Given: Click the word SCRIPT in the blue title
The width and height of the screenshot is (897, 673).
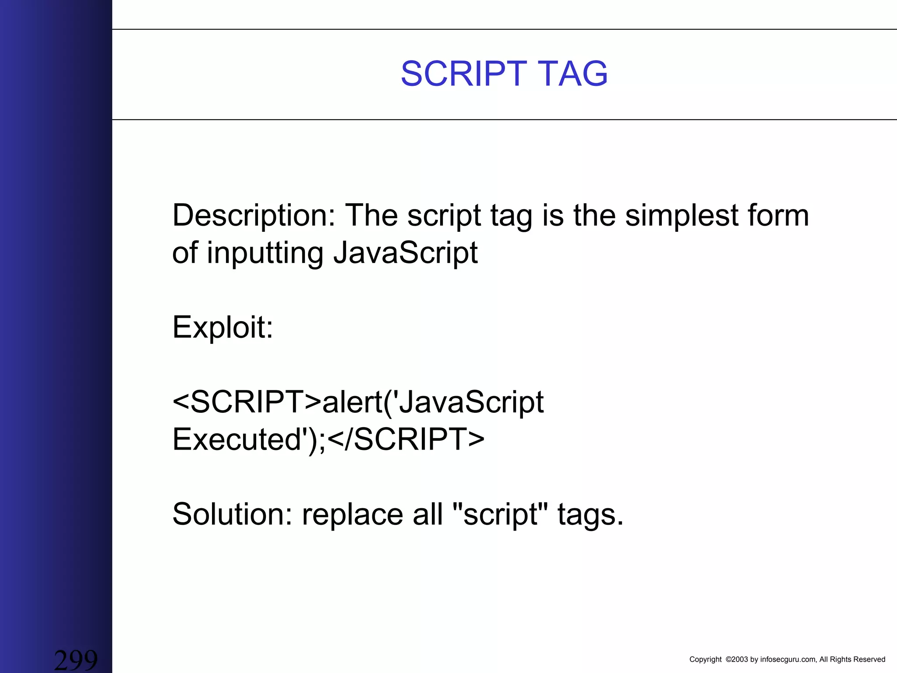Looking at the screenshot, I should click(463, 74).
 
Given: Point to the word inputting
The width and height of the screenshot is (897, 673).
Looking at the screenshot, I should click(265, 253).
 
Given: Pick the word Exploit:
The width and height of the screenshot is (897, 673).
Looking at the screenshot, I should click(222, 327).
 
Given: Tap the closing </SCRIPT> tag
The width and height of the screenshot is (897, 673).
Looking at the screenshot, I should click(406, 439).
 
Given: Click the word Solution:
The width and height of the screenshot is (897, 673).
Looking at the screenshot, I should click(232, 514).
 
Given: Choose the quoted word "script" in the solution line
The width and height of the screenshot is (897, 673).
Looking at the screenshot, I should click(499, 514).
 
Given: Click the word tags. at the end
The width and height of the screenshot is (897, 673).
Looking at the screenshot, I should click(590, 514).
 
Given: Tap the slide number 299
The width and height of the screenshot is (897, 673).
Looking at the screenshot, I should click(75, 659).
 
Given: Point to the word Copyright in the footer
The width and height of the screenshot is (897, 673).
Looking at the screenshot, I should click(705, 659).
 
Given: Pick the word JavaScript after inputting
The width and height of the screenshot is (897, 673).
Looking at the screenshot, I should click(405, 253).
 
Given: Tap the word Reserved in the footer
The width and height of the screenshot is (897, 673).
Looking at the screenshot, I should click(870, 659).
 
